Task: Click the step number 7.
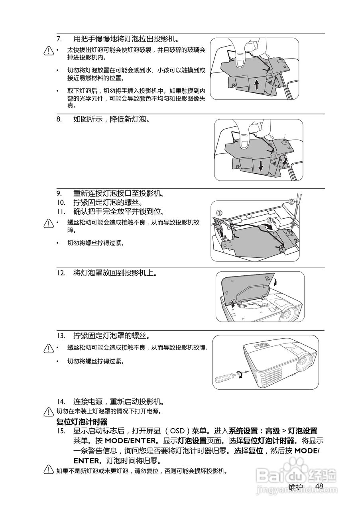coord(59,39)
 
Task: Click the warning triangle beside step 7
coord(49,51)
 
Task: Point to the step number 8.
coord(59,119)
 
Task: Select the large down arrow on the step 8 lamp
coord(260,165)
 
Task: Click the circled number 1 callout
coord(219,212)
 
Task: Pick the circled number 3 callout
coord(270,220)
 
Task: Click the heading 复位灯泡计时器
coord(82,422)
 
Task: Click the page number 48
coord(319,486)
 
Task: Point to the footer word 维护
coord(295,487)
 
